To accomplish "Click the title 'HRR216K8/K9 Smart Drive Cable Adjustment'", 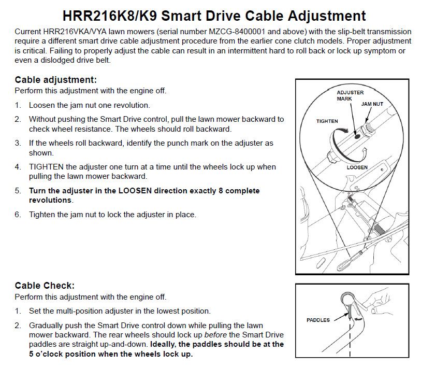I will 214,15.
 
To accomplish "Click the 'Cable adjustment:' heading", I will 56,80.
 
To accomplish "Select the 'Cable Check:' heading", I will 45,286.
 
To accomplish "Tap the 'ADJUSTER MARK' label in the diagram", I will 350,95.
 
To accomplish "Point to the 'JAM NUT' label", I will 372,104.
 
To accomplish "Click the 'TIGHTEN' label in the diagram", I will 327,121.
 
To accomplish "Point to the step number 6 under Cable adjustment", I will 18,215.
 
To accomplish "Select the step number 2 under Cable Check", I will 18,326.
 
